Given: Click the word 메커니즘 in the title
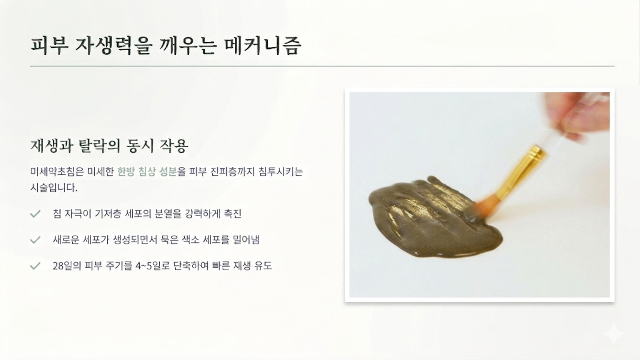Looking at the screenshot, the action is point(263,46).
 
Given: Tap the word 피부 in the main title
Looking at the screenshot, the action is point(49,46).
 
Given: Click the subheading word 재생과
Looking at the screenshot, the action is point(52,146).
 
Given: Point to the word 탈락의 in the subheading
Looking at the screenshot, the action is point(99,146).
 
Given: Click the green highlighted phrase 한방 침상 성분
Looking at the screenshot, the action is point(147,172).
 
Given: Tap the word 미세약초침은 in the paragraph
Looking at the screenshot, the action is point(57,172).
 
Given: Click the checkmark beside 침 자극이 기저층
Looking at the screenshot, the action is point(35,214).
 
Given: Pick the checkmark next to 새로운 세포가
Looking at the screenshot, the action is point(35,240).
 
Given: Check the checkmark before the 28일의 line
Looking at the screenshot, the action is point(35,266).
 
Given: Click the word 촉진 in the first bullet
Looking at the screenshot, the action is point(233,214).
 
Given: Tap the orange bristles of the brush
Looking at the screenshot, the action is point(486,208).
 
